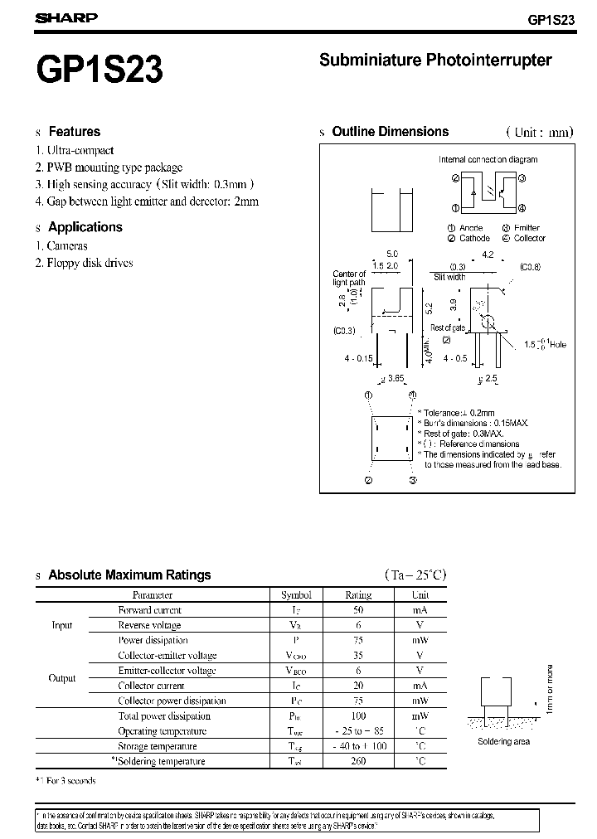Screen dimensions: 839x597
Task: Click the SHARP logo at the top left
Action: [x=66, y=17]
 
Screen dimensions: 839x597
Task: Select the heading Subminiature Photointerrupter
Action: [x=435, y=61]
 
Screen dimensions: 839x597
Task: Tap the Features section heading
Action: [x=74, y=132]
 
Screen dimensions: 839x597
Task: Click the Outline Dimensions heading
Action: [x=390, y=132]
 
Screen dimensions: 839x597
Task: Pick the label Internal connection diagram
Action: [x=488, y=159]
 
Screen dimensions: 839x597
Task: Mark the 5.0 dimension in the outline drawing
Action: [x=392, y=253]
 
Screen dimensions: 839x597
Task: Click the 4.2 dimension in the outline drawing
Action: [x=487, y=255]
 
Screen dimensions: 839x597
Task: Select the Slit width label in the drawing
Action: [x=449, y=278]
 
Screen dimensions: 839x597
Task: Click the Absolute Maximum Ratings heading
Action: [x=129, y=575]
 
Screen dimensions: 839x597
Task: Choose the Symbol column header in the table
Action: [x=296, y=594]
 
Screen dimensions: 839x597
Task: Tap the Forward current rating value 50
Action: [x=358, y=609]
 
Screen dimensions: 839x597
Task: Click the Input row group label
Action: [x=62, y=625]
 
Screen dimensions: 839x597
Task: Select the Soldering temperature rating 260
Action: [x=358, y=761]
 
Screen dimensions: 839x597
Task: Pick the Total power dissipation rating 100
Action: [x=358, y=715]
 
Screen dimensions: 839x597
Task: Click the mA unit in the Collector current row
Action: [x=420, y=686]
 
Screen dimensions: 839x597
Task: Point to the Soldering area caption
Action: [x=504, y=741]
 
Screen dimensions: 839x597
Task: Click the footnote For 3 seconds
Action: [x=70, y=781]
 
